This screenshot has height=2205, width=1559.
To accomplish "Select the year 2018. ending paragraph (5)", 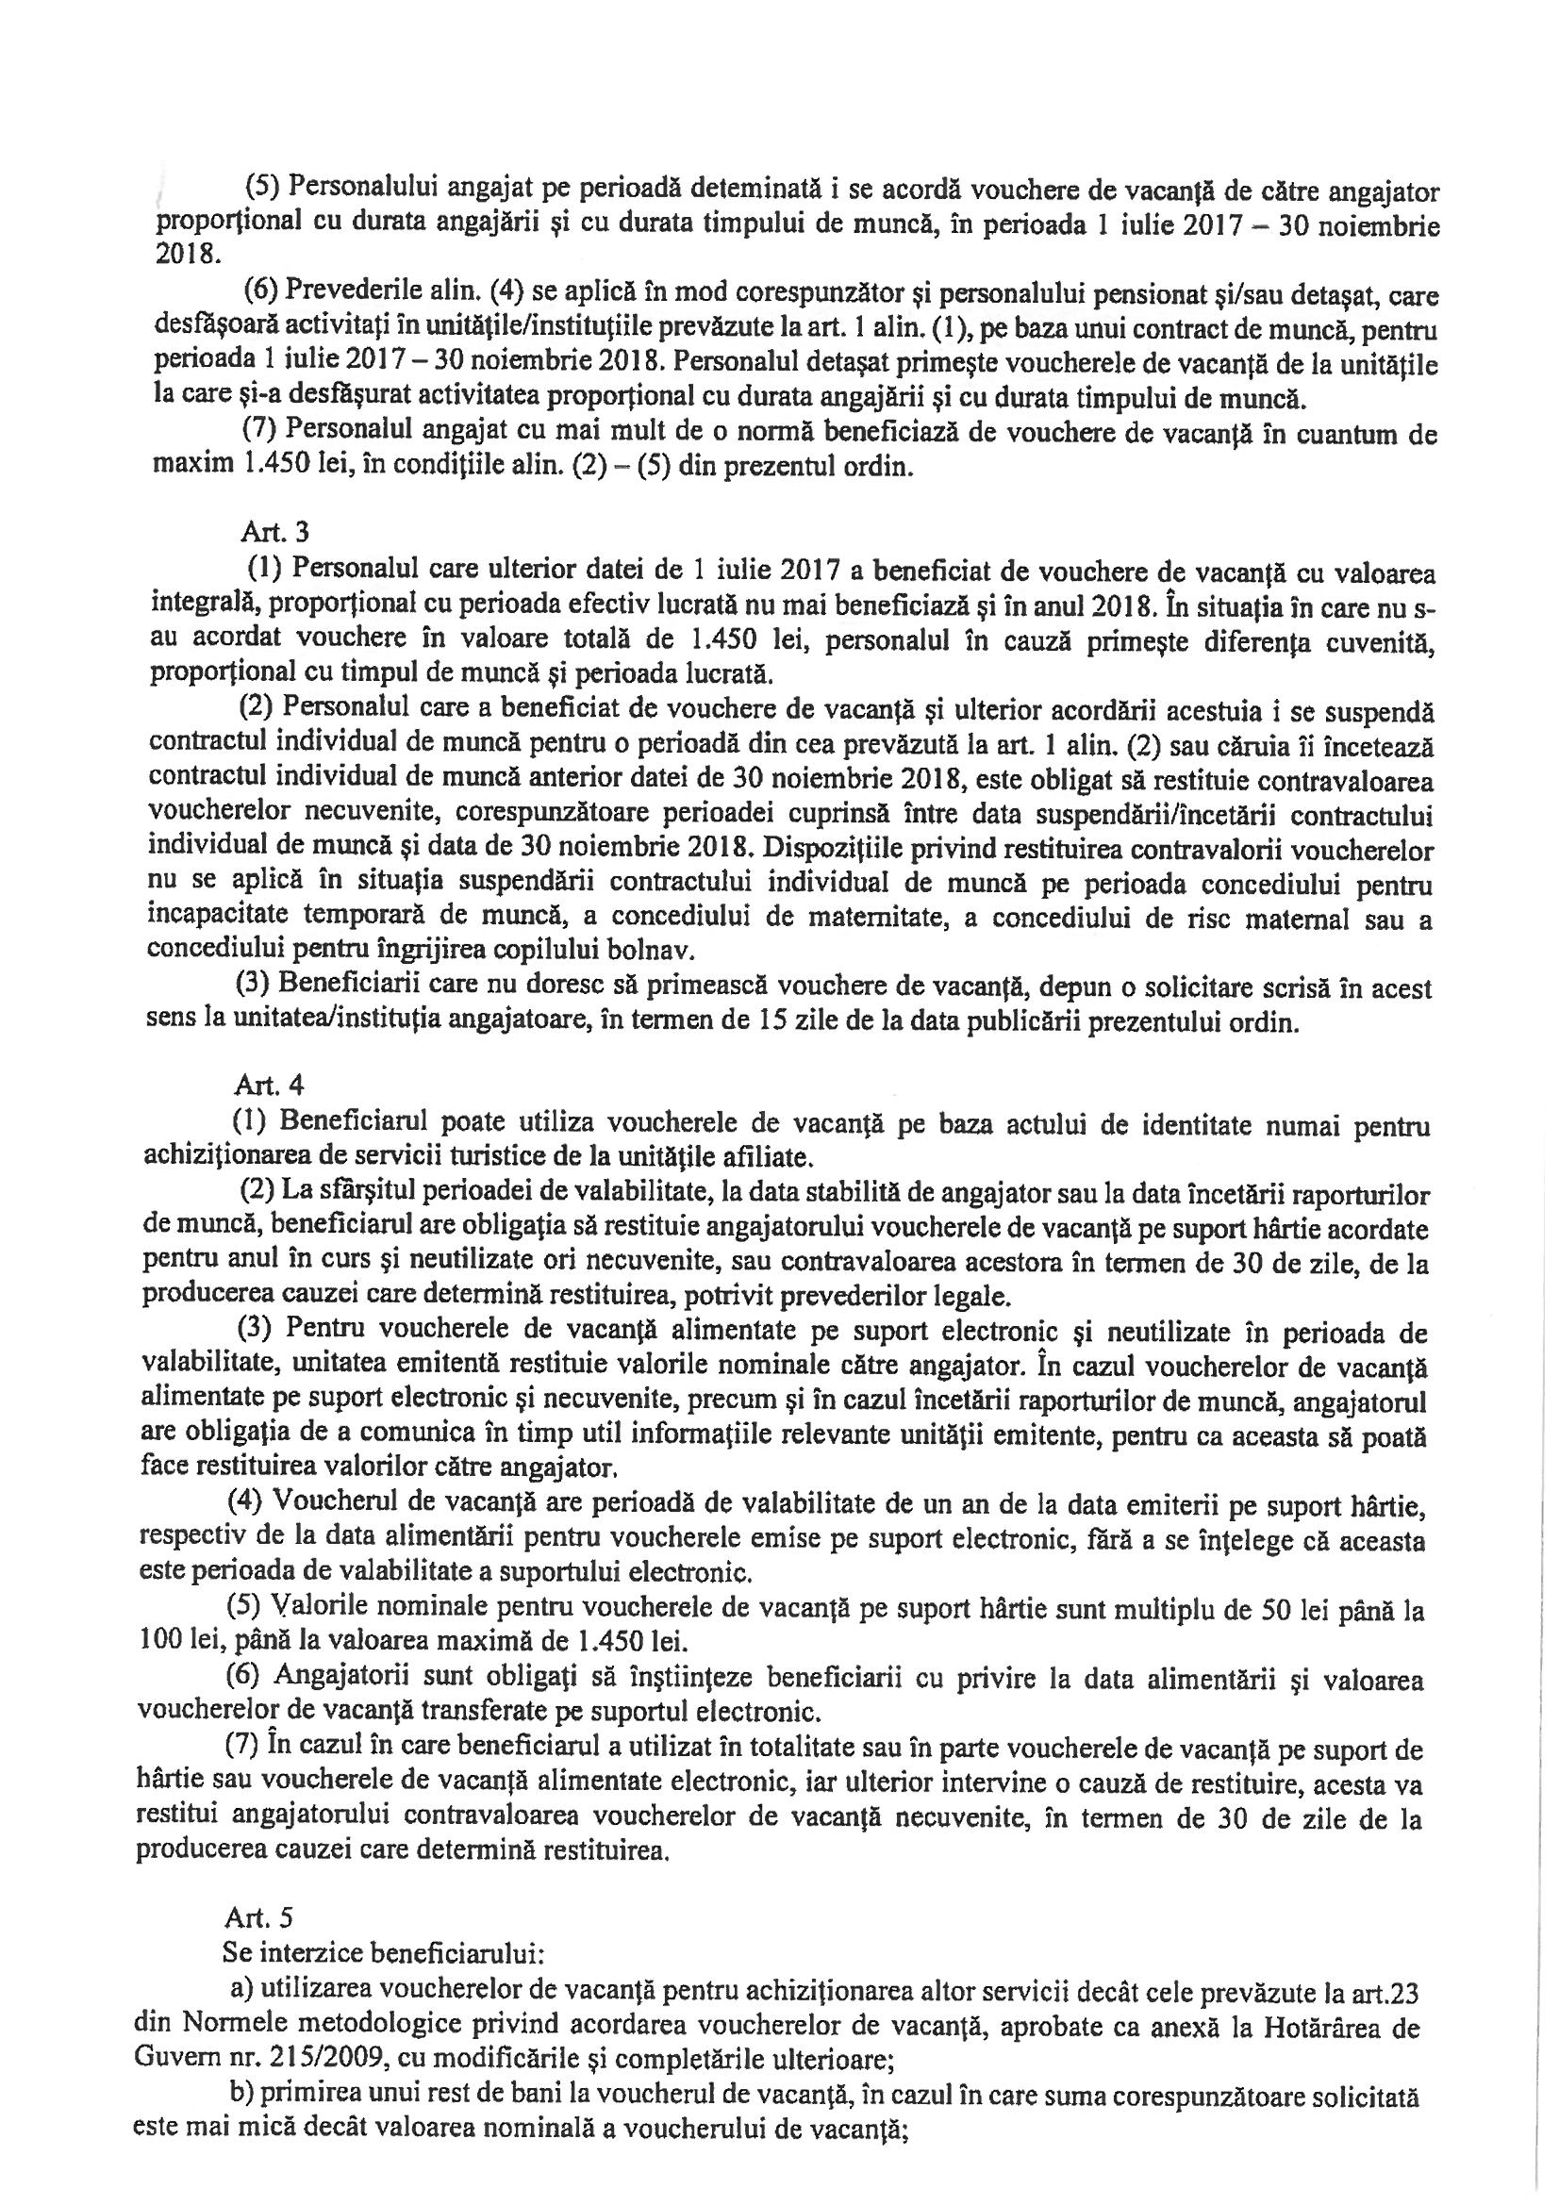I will [x=185, y=257].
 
